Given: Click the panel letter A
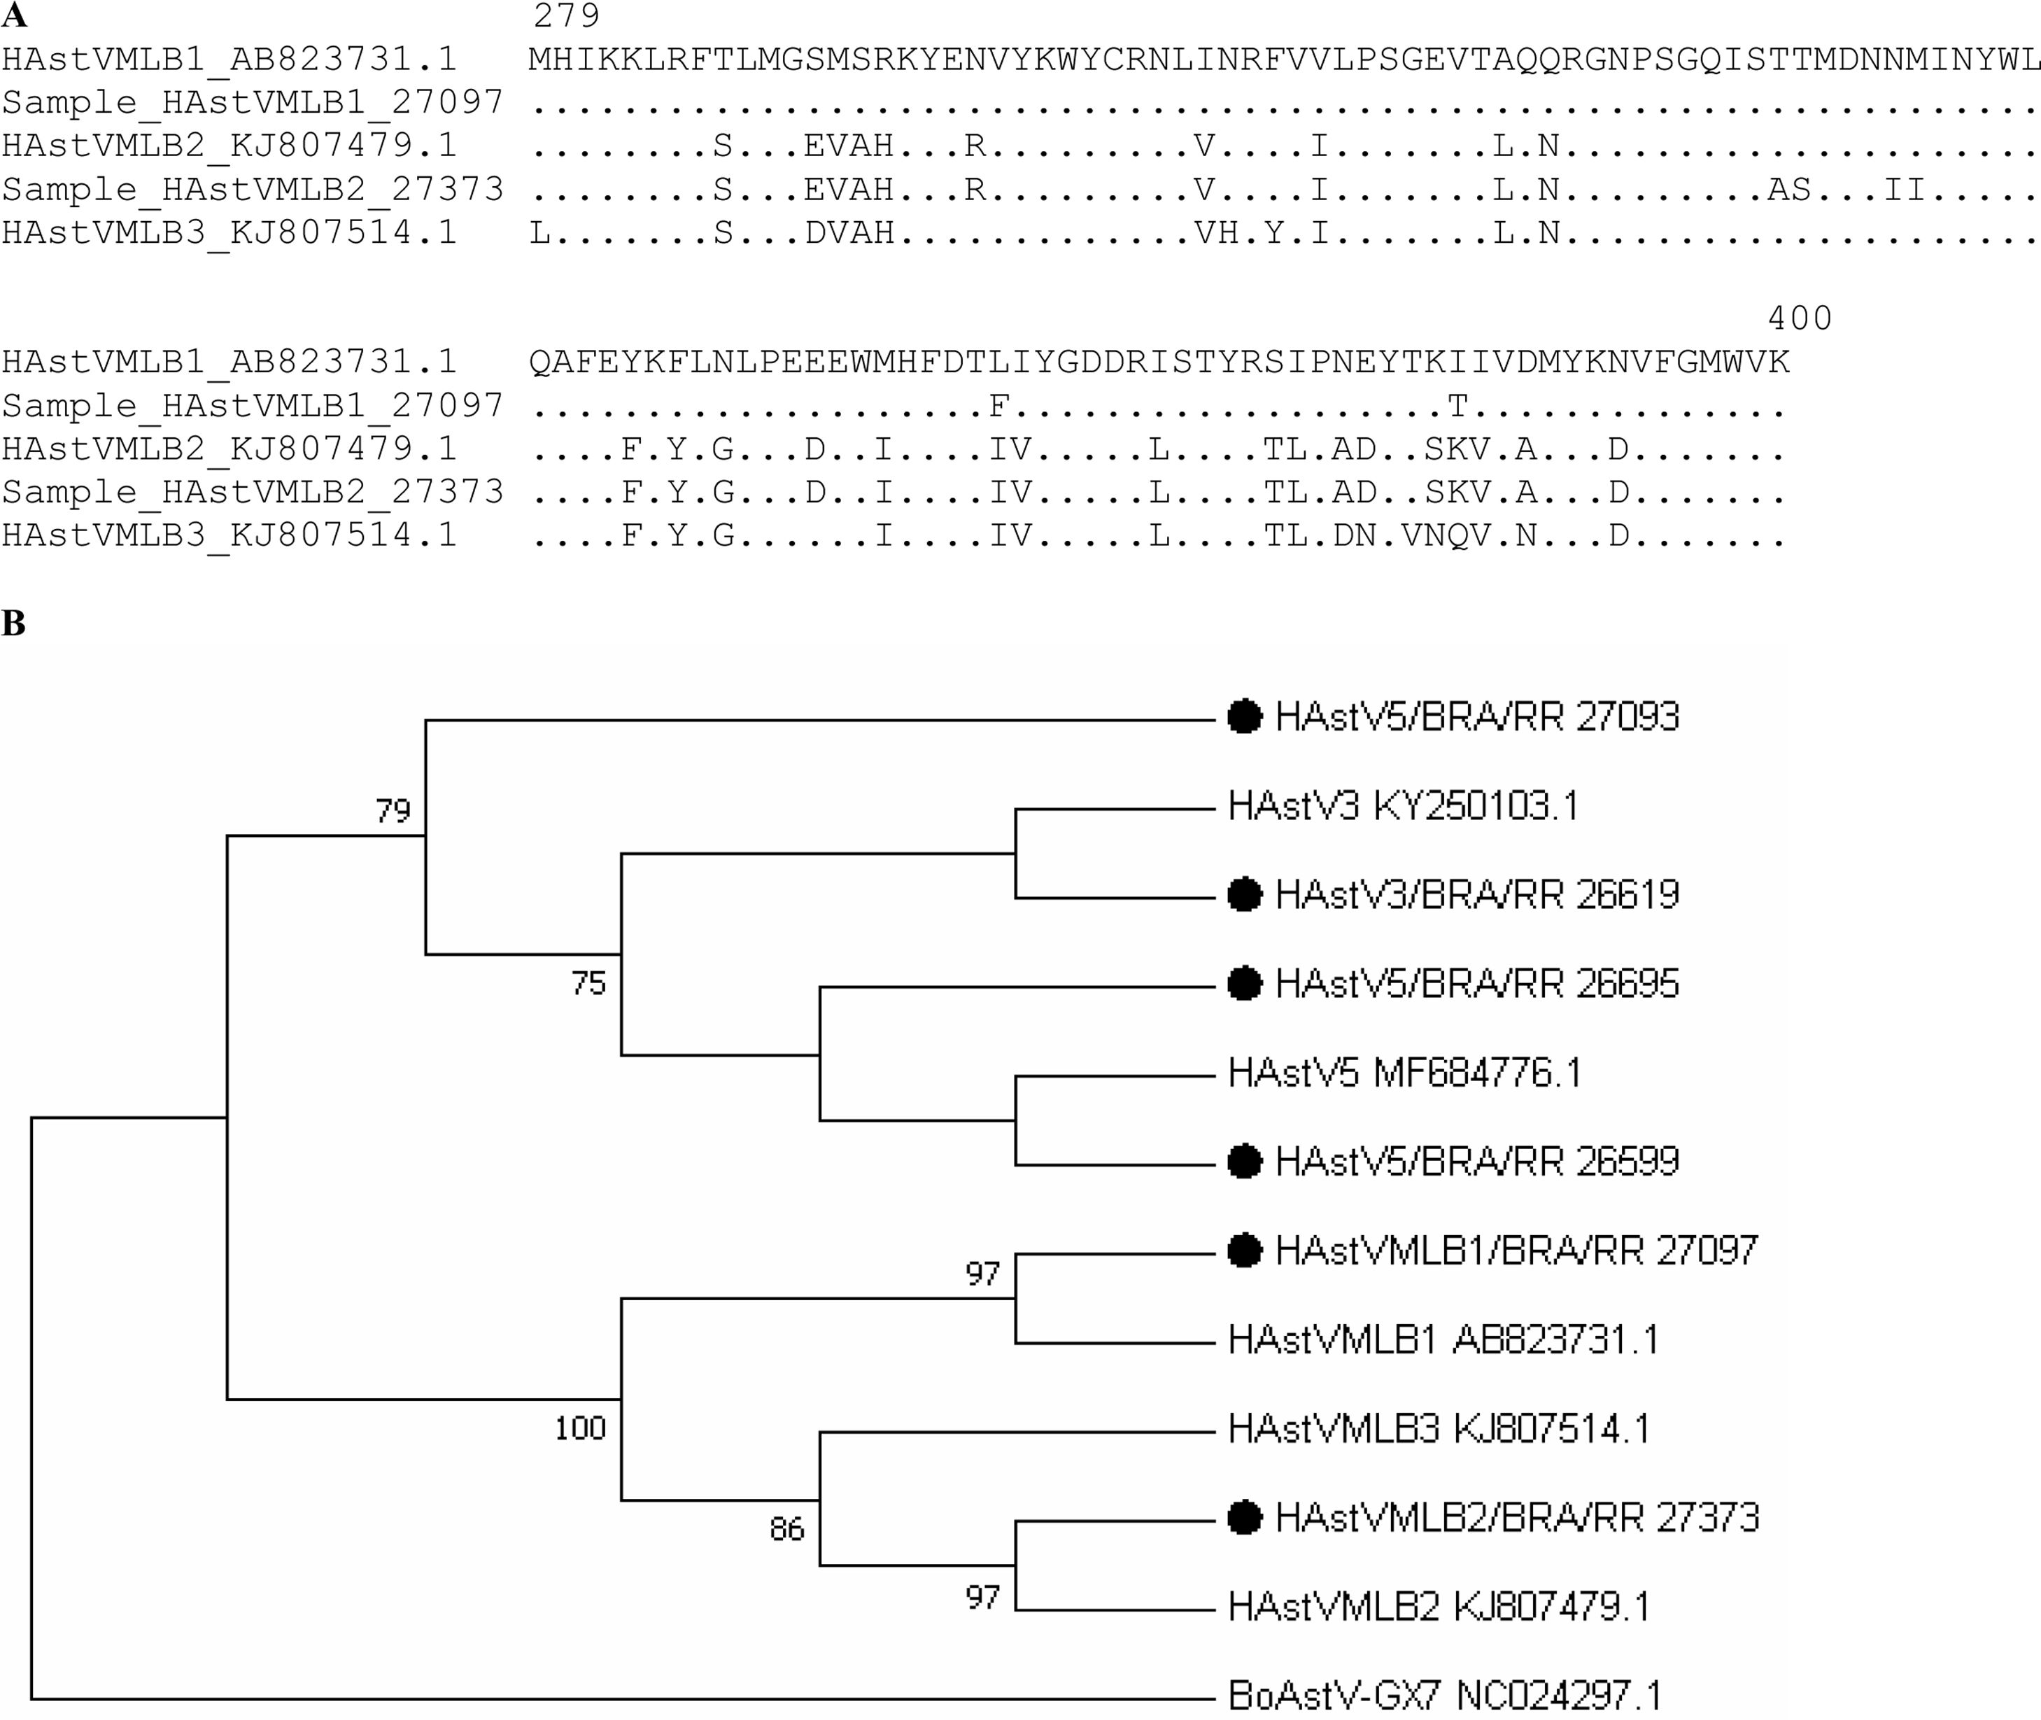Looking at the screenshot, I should [14, 15].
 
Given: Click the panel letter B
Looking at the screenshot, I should [14, 623].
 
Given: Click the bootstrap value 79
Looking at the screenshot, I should [394, 810].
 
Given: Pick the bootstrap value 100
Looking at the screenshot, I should [580, 1428].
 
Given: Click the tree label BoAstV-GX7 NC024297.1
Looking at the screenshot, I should [1444, 1696].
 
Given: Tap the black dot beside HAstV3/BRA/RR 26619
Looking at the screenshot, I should [1244, 895].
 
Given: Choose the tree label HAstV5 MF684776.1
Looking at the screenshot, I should [1404, 1073].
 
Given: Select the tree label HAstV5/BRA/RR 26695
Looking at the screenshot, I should [1477, 984].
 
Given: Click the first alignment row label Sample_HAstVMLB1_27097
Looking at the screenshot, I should [253, 102].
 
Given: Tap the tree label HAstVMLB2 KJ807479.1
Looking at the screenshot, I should [1439, 1607].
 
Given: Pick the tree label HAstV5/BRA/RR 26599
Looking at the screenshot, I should [1477, 1162].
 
